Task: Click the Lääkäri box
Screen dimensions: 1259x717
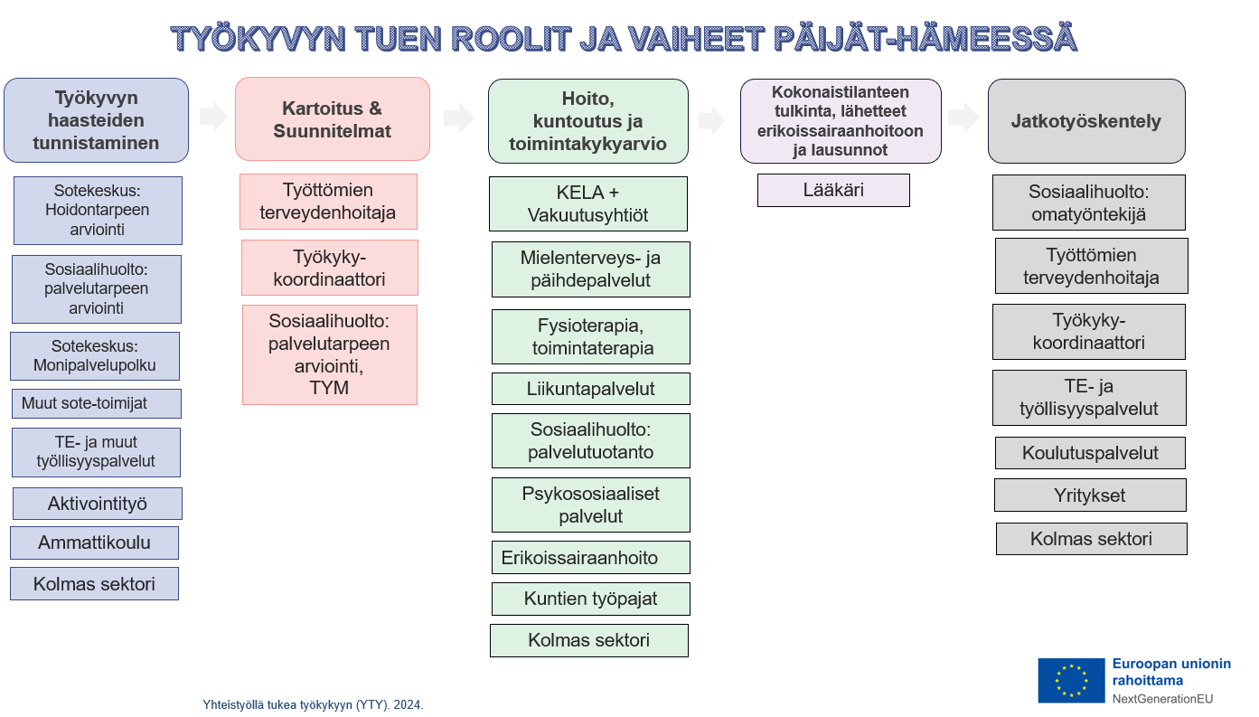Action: pos(833,190)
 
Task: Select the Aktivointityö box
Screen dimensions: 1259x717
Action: pos(98,504)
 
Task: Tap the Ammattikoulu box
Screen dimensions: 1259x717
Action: pos(94,542)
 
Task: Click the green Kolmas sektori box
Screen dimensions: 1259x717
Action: pos(589,640)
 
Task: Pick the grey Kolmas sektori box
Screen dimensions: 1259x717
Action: pos(1092,539)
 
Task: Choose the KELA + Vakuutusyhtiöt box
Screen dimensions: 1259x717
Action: pos(587,203)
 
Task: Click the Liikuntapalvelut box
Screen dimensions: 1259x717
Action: pos(591,389)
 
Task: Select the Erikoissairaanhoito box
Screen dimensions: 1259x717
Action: pos(591,557)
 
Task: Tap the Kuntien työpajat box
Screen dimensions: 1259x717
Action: pos(591,599)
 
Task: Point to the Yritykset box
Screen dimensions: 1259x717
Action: pos(1090,495)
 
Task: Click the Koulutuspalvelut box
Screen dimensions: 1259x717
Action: pos(1090,453)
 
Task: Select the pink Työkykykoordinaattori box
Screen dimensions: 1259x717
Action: pos(330,268)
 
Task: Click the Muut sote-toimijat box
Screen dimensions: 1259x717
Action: pos(97,403)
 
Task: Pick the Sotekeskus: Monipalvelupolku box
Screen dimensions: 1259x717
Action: pos(95,356)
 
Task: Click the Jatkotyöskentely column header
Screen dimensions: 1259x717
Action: pos(1086,121)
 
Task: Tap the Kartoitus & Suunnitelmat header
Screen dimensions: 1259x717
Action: pos(333,119)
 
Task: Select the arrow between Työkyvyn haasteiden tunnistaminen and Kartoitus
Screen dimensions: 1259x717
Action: pos(213,117)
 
